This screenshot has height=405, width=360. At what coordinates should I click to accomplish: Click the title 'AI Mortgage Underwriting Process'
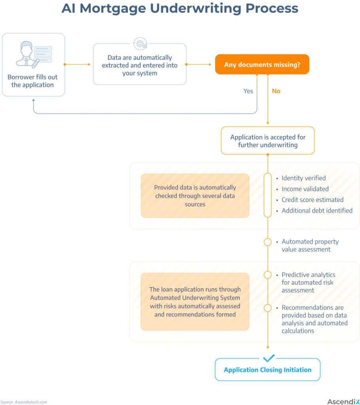click(x=180, y=9)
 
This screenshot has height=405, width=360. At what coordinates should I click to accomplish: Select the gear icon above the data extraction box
click(x=140, y=44)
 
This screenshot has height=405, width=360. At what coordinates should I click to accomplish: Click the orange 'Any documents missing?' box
click(x=262, y=64)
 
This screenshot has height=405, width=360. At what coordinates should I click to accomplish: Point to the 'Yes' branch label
click(x=248, y=91)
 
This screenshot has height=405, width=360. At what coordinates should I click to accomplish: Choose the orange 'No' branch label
click(x=276, y=91)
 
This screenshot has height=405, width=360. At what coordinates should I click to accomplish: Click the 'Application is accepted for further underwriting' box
click(x=268, y=141)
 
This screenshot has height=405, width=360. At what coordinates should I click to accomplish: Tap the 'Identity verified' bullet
click(x=303, y=178)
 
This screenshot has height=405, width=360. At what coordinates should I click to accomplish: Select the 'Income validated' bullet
click(x=305, y=189)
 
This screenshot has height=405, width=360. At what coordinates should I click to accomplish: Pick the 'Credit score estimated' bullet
click(x=312, y=200)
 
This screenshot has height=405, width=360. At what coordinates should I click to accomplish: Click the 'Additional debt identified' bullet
click(x=316, y=210)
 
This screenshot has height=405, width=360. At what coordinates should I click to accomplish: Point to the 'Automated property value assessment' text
click(x=310, y=245)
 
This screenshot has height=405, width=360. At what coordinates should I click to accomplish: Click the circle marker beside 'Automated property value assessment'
click(x=268, y=242)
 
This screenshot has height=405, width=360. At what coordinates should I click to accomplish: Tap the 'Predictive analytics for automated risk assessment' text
click(x=308, y=282)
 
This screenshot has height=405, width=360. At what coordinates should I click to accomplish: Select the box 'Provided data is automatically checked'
click(x=195, y=196)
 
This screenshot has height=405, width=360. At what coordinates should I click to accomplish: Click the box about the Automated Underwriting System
click(x=195, y=302)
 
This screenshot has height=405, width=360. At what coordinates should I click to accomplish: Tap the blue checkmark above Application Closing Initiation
click(x=268, y=358)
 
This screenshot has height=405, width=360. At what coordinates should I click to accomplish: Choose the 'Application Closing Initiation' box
click(x=267, y=370)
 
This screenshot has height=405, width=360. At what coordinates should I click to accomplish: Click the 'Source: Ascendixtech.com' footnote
click(x=24, y=402)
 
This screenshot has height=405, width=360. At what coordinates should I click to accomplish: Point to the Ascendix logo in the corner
click(x=343, y=401)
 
